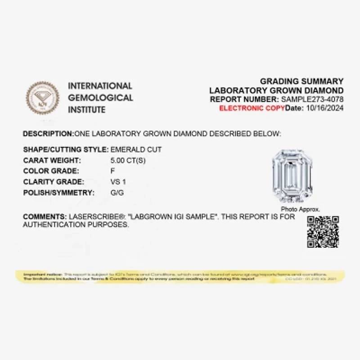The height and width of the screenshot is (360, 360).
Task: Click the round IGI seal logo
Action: (43, 98)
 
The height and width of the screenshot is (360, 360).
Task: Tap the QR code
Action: (323, 232)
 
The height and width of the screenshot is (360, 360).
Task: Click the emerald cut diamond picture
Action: (292, 176)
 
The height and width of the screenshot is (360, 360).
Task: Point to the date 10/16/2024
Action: (324, 108)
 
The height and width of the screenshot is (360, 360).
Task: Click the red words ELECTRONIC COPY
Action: (252, 108)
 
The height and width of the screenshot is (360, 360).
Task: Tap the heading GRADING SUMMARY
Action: (301, 81)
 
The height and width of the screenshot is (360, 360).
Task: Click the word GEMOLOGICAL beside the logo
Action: (100, 98)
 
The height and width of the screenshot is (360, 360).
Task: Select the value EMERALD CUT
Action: (136, 149)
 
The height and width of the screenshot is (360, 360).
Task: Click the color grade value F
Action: (112, 171)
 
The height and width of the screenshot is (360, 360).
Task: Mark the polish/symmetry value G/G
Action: (117, 193)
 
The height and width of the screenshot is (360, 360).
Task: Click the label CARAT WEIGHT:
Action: (52, 160)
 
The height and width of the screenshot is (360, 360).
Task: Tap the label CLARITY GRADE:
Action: (54, 182)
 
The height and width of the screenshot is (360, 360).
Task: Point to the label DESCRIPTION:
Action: (48, 134)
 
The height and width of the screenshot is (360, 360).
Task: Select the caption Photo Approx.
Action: (300, 209)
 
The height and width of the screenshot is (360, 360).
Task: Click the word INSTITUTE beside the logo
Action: (87, 110)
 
